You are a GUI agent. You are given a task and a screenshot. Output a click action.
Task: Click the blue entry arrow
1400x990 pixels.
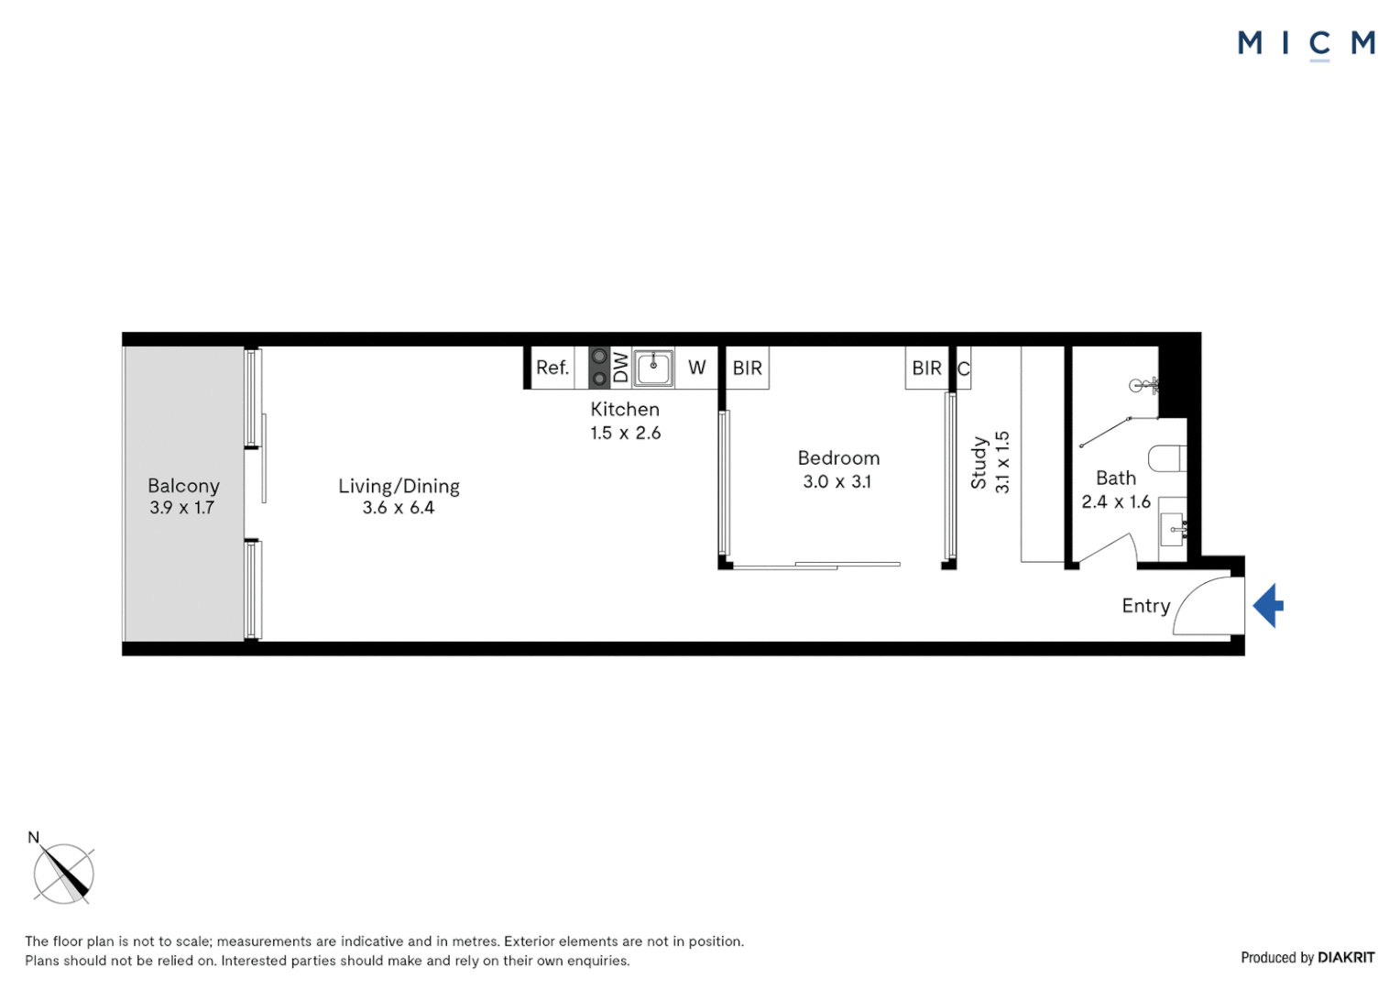1268,606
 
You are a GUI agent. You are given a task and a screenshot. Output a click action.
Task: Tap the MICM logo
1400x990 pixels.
1306,43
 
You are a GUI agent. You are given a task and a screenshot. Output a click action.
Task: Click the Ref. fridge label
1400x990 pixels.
552,368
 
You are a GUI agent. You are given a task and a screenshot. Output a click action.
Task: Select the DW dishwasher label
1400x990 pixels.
621,368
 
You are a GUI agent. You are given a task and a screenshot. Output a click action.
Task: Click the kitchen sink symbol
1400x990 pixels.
653,368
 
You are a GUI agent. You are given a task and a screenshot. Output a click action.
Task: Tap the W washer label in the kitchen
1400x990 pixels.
697,368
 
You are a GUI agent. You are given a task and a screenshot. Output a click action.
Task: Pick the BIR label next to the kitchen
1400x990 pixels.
748,368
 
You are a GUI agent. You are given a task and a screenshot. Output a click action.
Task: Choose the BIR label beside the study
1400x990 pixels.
926,368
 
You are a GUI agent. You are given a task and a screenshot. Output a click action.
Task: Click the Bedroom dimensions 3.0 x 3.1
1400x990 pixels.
837,482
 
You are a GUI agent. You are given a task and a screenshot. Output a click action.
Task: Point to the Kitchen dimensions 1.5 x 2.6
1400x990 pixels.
625,434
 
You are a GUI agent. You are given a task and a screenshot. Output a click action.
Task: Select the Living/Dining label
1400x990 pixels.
399,487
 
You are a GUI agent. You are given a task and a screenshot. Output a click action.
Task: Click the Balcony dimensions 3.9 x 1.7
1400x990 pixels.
182,508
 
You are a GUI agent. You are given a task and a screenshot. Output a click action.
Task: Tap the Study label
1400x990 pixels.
979,462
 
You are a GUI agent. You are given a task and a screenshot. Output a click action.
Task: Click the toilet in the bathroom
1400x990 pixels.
1168,457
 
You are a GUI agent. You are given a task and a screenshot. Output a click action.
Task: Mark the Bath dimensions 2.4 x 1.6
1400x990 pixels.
1116,502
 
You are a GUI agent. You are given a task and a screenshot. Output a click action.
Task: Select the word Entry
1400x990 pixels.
1146,606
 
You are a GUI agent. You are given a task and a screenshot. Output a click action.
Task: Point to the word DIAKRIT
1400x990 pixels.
1346,958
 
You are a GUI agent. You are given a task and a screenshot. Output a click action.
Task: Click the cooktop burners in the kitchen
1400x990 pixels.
599,368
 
